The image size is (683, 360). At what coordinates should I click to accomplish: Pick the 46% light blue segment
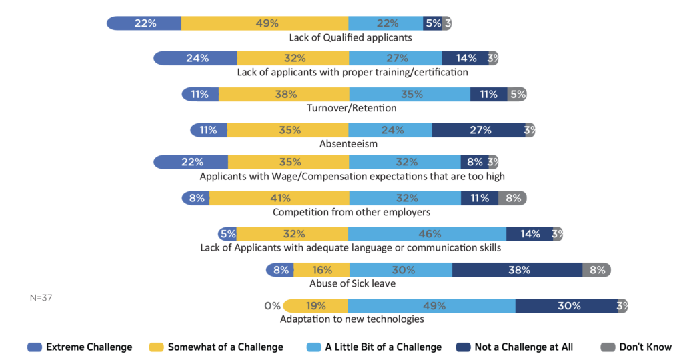click(427, 234)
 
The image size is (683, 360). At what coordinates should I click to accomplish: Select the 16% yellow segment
click(321, 270)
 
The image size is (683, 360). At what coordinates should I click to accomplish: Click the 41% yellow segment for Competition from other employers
click(279, 198)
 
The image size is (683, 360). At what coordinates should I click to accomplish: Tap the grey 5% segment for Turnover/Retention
click(517, 94)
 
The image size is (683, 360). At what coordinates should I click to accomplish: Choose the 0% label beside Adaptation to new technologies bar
click(272, 306)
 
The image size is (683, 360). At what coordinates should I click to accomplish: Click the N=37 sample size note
click(41, 297)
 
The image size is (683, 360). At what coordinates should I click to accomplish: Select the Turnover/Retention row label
click(352, 108)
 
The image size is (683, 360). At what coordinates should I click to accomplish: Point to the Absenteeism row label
click(349, 143)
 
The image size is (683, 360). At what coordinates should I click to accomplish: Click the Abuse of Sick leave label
click(352, 283)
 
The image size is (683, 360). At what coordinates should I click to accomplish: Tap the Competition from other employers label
click(352, 212)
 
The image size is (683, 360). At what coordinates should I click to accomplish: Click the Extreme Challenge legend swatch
click(35, 347)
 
